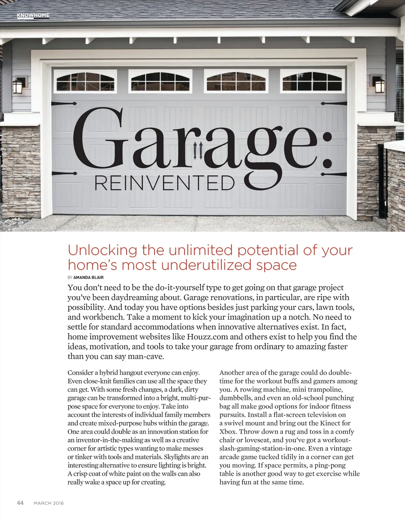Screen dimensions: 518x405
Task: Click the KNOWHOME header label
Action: point(33,15)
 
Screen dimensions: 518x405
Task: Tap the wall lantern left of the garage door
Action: point(18,85)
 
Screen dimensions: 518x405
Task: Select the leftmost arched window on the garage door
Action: point(85,82)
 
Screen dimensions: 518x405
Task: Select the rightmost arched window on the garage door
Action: point(312,81)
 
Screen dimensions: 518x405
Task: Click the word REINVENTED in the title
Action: point(164,183)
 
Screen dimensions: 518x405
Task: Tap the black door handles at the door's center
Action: point(198,150)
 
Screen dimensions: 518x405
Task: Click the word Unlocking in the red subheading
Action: point(102,250)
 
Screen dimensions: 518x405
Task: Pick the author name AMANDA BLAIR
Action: point(89,278)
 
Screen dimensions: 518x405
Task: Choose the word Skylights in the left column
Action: point(177,457)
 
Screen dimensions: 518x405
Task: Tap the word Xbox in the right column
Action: point(228,432)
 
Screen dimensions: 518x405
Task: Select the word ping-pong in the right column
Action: point(330,465)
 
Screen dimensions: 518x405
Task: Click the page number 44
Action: point(20,503)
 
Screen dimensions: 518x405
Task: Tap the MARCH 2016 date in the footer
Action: point(49,503)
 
